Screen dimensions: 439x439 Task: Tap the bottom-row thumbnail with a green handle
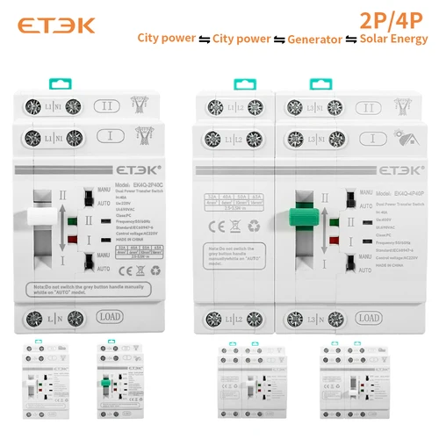(111, 387)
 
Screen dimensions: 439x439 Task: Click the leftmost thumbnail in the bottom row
(44, 387)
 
